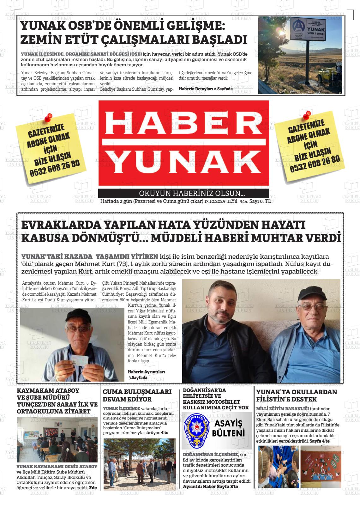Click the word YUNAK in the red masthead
click(x=183, y=161)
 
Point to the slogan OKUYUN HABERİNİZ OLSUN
click(x=192, y=193)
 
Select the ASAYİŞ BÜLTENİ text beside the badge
click(x=228, y=428)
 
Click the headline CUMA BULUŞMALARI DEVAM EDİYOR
click(x=137, y=395)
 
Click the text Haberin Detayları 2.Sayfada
click(x=206, y=89)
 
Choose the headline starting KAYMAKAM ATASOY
click(x=57, y=401)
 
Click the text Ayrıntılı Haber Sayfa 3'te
click(x=210, y=486)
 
